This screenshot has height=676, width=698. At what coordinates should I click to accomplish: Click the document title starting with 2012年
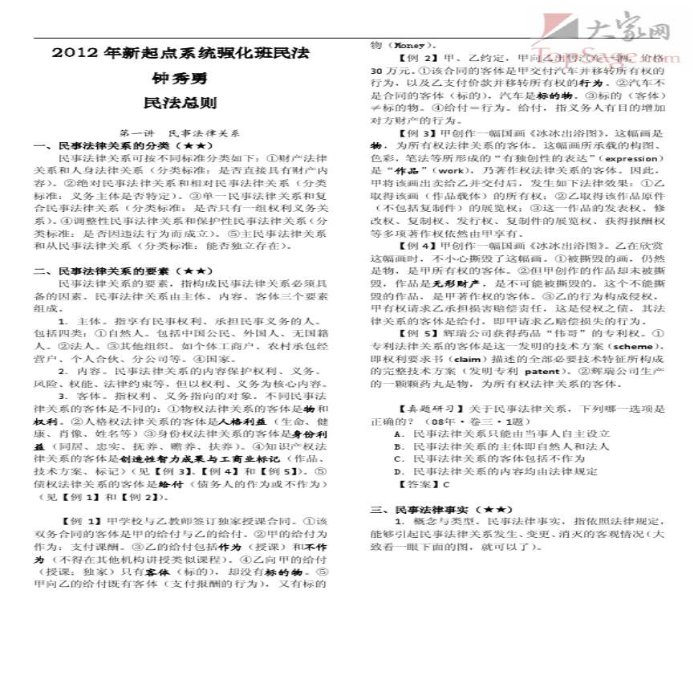180,54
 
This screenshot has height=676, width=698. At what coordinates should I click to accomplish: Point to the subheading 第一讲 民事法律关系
180,133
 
